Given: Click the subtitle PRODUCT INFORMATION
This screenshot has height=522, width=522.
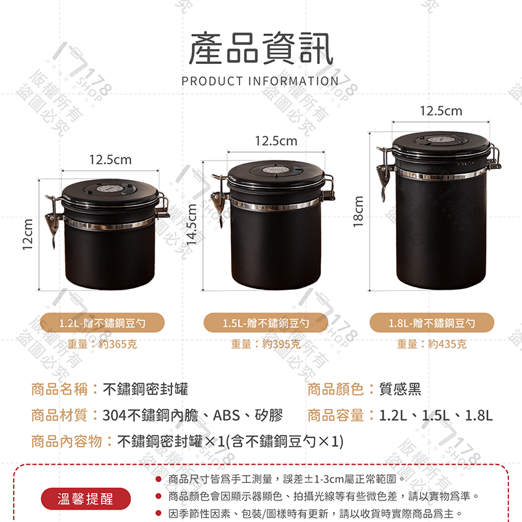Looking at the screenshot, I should pos(260,82).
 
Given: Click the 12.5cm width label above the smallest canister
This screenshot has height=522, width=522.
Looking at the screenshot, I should pos(110,160).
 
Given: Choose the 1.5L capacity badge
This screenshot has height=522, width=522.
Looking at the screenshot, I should pos(266,322).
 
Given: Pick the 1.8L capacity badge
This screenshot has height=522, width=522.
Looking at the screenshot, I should pos(431,322).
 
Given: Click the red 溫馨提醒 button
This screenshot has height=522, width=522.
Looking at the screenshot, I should pos(85,499).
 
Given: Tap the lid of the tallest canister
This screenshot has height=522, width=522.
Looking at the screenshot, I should pos(441,146).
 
